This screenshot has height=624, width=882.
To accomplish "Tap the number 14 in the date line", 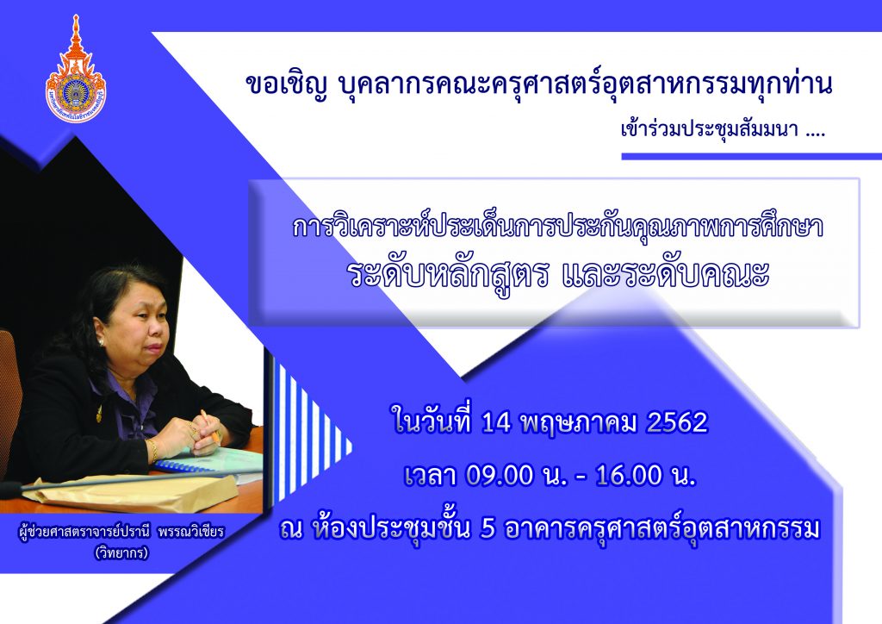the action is point(496,422).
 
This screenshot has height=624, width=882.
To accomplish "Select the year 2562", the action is point(677,422).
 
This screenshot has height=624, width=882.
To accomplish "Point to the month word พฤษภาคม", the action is point(579,424).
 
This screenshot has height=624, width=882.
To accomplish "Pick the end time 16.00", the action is point(629,476).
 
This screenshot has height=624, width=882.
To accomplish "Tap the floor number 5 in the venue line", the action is point(488,529).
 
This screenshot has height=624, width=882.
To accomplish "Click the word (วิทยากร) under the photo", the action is point(121,553).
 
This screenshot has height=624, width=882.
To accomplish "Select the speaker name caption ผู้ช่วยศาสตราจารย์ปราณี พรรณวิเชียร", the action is point(121,531).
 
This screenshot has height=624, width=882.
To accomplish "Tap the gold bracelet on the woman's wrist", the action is point(152,450).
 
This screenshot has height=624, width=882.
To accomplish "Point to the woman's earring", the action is point(102,341).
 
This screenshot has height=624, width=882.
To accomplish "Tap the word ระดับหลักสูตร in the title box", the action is point(448,275).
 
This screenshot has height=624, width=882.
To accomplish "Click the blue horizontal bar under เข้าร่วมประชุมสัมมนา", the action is point(751,156).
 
